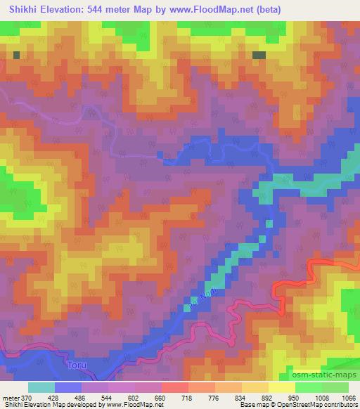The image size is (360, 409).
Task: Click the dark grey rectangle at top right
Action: [x=259, y=55]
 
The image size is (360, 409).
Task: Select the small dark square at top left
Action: [x=16, y=54]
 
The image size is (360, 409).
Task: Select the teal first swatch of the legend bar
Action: [x=41, y=387]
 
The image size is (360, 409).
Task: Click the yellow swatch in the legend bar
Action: [x=281, y=387]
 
